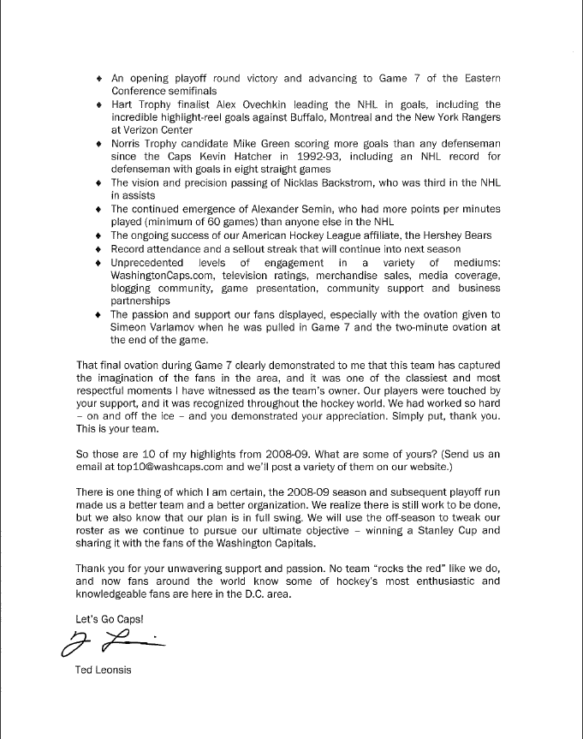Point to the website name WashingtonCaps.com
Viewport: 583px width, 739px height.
click(160, 276)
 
